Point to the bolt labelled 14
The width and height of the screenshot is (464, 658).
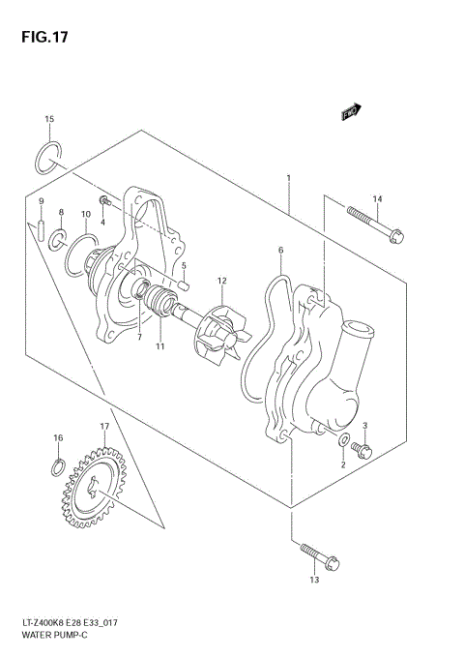(373, 227)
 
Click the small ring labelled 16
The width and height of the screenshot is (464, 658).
(58, 471)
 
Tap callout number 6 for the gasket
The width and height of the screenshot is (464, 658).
(280, 250)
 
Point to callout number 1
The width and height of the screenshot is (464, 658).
(288, 178)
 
